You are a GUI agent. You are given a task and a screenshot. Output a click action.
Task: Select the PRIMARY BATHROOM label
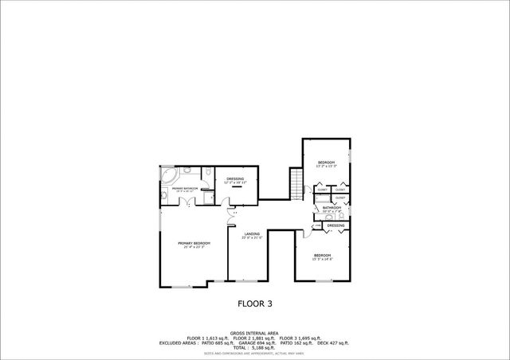[x=184, y=189]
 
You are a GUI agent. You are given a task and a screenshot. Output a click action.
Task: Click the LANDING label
[x=252, y=234]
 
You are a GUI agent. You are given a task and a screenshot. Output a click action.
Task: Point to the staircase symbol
[x=297, y=184]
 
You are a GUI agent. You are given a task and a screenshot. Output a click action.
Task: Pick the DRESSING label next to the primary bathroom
[x=235, y=179]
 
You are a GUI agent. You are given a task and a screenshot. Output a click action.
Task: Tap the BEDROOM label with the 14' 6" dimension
[x=324, y=256]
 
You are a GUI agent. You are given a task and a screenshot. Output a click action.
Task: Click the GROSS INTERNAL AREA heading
[x=255, y=333]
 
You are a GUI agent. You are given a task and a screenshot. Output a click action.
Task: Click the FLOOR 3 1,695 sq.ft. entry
[x=300, y=338]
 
